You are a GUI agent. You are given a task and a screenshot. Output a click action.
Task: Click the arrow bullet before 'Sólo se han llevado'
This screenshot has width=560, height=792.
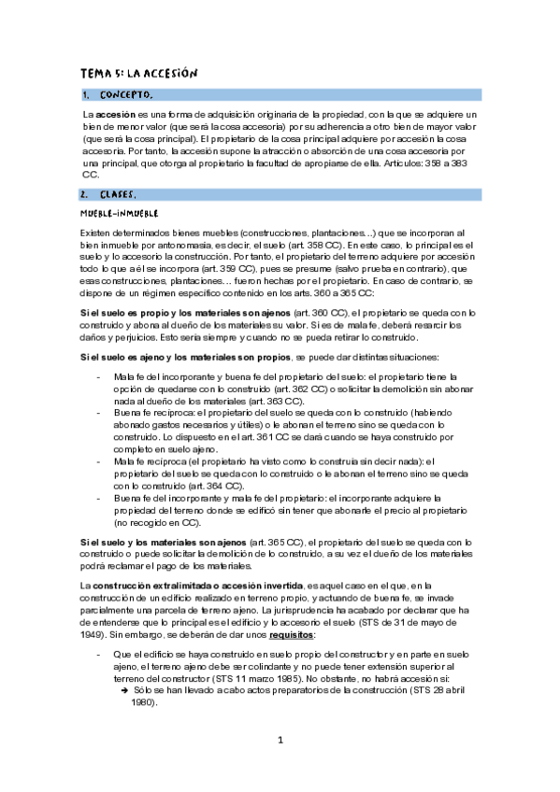124,691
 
